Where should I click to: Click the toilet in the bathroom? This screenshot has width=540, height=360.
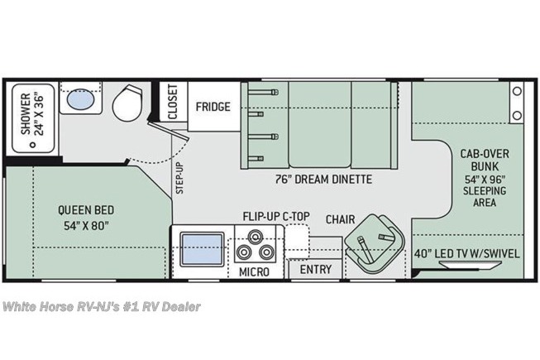pyautogui.click(x=127, y=103)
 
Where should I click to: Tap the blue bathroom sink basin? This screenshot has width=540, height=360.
pyautogui.click(x=80, y=99)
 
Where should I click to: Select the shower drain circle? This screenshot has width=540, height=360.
pyautogui.click(x=33, y=145)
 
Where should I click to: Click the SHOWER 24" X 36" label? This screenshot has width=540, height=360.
pyautogui.click(x=33, y=114)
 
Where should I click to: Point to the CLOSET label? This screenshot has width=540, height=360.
pyautogui.click(x=173, y=102)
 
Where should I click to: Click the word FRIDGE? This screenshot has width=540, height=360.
pyautogui.click(x=213, y=107)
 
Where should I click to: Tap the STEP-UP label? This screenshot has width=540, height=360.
pyautogui.click(x=179, y=178)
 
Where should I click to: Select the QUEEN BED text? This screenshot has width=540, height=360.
pyautogui.click(x=86, y=210)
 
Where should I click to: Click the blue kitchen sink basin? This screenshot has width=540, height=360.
pyautogui.click(x=202, y=249)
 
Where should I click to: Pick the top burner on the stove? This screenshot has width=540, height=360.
pyautogui.click(x=255, y=237)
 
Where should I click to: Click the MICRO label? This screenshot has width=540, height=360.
pyautogui.click(x=254, y=272)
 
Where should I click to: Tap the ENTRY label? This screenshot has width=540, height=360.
pyautogui.click(x=316, y=270)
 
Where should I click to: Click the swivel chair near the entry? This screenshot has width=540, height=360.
pyautogui.click(x=375, y=244)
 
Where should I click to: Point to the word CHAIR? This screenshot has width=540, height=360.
pyautogui.click(x=340, y=219)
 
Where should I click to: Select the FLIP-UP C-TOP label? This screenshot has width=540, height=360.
pyautogui.click(x=276, y=216)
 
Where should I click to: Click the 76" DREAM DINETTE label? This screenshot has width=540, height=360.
pyautogui.click(x=323, y=180)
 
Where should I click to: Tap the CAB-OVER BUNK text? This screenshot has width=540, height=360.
pyautogui.click(x=485, y=161)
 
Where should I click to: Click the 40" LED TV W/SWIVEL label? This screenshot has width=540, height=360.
pyautogui.click(x=466, y=254)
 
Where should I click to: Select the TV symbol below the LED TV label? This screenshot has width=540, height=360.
pyautogui.click(x=470, y=264)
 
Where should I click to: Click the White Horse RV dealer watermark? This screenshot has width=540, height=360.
pyautogui.click(x=102, y=306)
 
